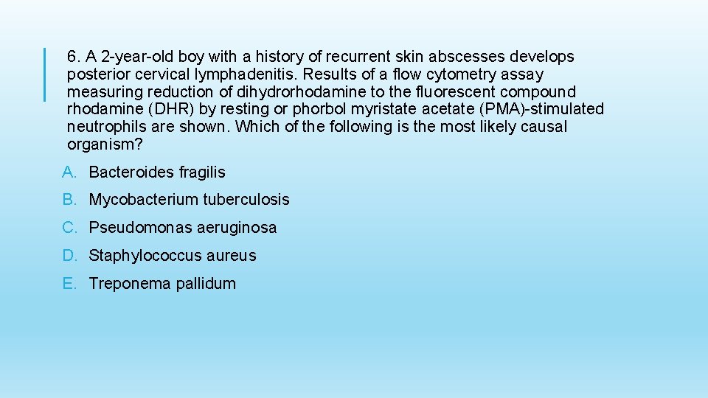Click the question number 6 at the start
[72, 57]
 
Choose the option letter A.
[69, 172]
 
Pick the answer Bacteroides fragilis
[157, 172]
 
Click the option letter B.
[69, 200]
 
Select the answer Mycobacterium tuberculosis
[189, 200]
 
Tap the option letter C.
[69, 228]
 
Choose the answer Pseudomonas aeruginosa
[182, 228]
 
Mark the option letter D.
[69, 256]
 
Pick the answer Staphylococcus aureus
[173, 256]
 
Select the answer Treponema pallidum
[162, 284]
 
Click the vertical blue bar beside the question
[44, 74]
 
